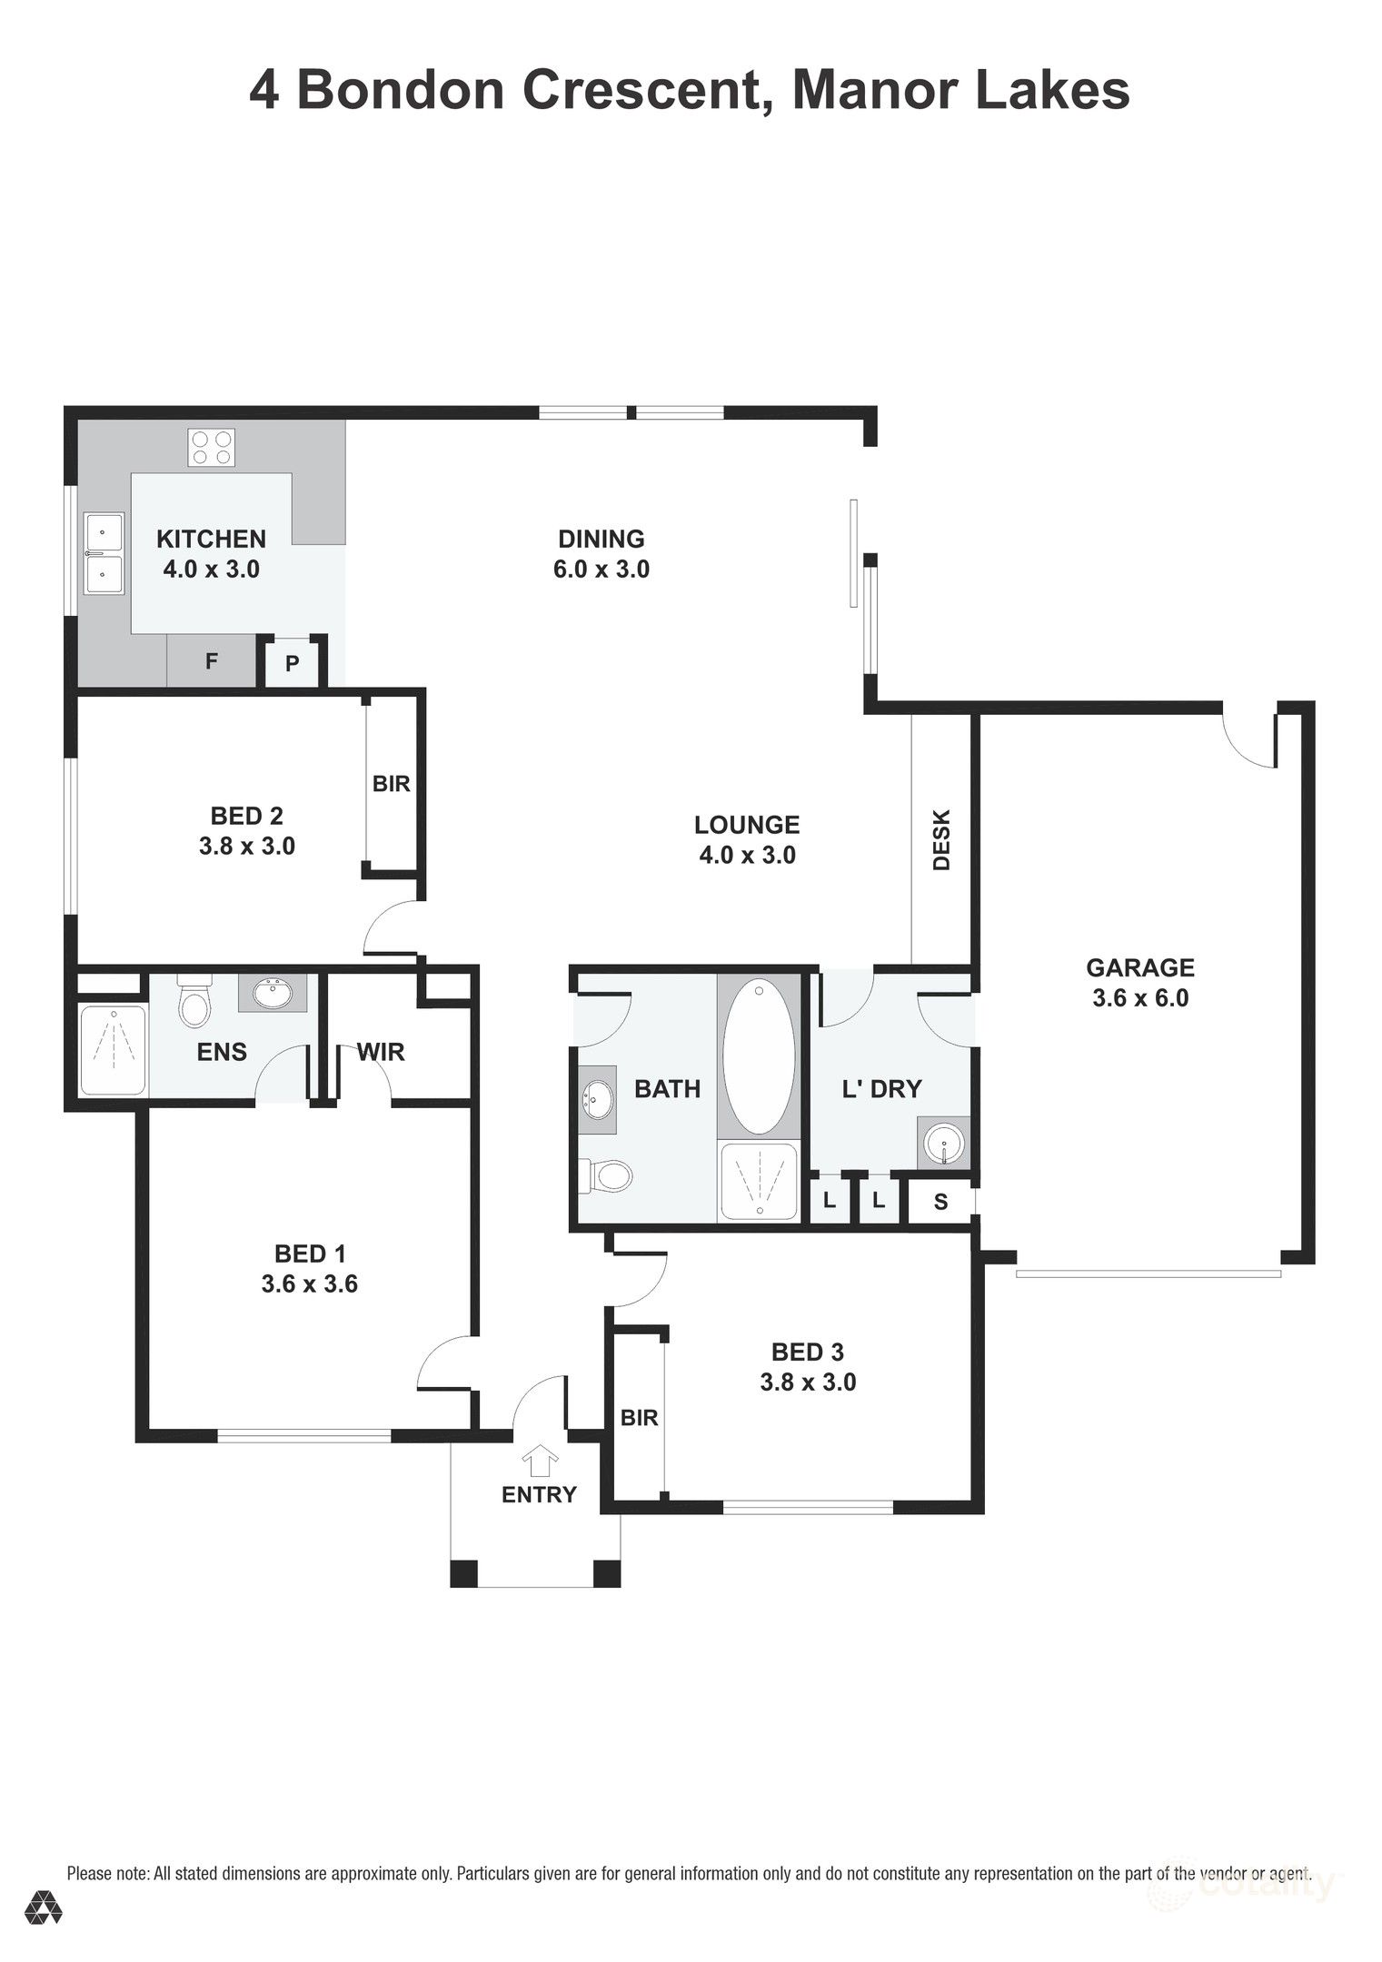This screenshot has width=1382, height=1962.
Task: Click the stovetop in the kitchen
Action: (x=211, y=447)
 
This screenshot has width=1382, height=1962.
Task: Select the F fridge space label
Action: (x=212, y=661)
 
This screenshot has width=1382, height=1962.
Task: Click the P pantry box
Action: (x=292, y=663)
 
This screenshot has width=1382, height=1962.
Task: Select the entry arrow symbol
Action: (x=541, y=1461)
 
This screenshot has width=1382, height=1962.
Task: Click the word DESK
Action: (x=941, y=840)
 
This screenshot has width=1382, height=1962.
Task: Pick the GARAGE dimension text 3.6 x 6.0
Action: (x=1140, y=998)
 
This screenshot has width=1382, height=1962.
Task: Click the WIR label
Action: (x=381, y=1052)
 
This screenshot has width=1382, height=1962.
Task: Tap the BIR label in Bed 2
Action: (x=392, y=783)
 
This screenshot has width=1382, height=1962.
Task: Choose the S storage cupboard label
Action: (x=940, y=1202)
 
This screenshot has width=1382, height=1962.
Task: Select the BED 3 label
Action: (x=808, y=1353)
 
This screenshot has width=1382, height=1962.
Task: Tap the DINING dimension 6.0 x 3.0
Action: (x=602, y=570)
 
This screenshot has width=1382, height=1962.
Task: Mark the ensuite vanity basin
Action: (x=272, y=994)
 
